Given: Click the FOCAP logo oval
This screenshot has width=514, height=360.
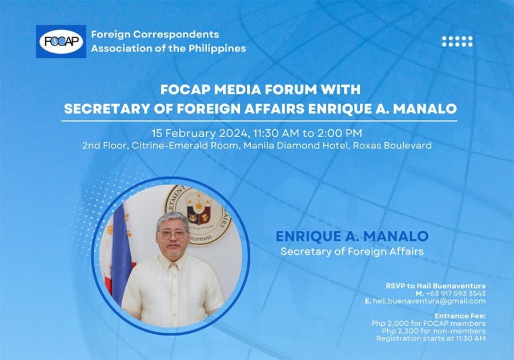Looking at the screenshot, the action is pyautogui.click(x=61, y=42).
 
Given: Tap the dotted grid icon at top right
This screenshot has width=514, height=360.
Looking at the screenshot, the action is pyautogui.click(x=457, y=41).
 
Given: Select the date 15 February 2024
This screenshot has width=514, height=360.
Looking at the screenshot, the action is pyautogui.click(x=199, y=133).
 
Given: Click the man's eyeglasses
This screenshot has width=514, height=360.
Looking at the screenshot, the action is pyautogui.click(x=172, y=234).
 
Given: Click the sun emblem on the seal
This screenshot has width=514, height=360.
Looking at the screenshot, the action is pyautogui.click(x=199, y=206).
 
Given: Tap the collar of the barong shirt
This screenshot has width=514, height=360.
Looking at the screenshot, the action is pyautogui.click(x=172, y=259).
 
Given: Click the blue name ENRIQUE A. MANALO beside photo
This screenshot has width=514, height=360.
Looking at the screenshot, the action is pyautogui.click(x=352, y=236).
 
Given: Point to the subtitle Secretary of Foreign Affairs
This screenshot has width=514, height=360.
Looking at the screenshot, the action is pyautogui.click(x=352, y=251).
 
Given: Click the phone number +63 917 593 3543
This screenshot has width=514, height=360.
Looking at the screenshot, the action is pyautogui.click(x=456, y=294).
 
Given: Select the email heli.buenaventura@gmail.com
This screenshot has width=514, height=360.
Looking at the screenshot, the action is pyautogui.click(x=429, y=301).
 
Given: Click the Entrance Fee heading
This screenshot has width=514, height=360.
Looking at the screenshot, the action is pyautogui.click(x=460, y=316).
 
